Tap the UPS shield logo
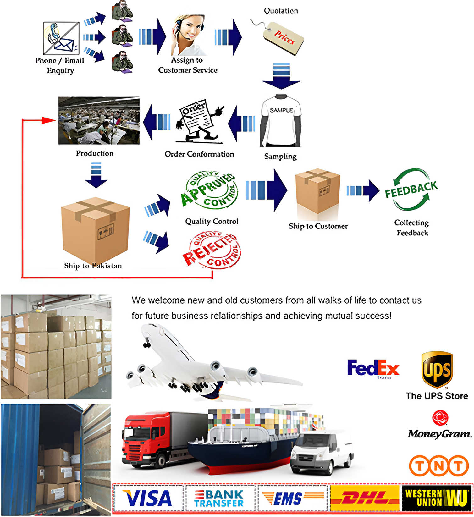point(437,370)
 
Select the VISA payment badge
point(148,498)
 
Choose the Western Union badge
point(437,498)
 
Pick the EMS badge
point(292,498)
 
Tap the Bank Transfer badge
point(220,498)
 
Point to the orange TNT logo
point(439,465)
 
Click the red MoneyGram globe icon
point(440,418)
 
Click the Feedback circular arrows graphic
point(411,190)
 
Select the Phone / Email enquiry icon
point(61,38)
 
